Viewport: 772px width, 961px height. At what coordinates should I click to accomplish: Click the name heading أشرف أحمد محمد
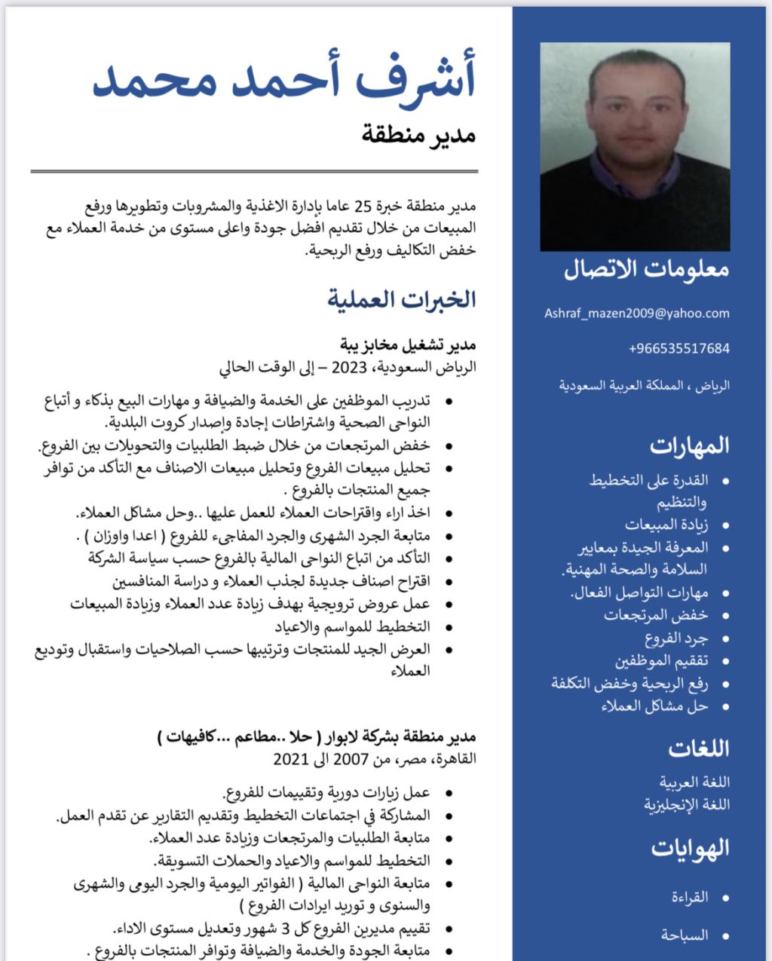click(x=284, y=80)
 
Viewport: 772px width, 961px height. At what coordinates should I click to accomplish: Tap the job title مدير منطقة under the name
click(x=418, y=136)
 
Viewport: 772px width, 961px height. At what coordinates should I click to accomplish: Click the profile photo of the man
click(x=635, y=146)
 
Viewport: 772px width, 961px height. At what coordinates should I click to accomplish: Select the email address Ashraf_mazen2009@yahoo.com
click(x=637, y=314)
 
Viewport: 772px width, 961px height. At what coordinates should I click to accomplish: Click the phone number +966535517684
click(x=679, y=348)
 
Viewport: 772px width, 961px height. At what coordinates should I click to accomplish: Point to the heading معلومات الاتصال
click(x=646, y=270)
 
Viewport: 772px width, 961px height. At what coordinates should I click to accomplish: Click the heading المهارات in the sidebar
click(x=689, y=445)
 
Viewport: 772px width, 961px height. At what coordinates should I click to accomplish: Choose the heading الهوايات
click(x=690, y=848)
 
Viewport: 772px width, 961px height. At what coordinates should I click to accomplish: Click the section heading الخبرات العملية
click(x=402, y=299)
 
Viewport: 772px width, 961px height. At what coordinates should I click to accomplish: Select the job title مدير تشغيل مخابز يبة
click(x=408, y=345)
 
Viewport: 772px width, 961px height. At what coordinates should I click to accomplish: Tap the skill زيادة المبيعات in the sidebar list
click(x=666, y=525)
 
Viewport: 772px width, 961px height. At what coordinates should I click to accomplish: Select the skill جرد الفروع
click(x=676, y=638)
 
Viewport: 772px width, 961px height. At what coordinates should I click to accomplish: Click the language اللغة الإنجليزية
click(x=687, y=804)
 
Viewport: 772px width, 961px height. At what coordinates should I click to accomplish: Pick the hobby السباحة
click(x=685, y=935)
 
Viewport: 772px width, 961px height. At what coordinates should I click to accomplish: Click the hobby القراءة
click(x=690, y=897)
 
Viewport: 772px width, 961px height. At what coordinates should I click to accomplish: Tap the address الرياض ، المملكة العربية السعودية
click(x=645, y=386)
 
